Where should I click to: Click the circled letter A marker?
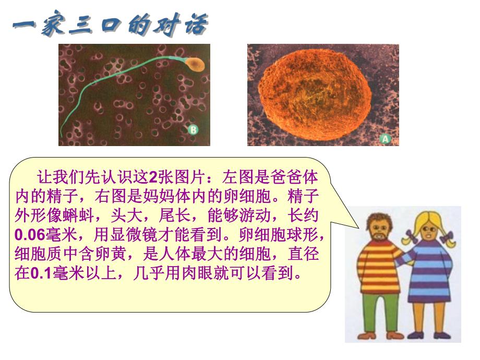[386, 139]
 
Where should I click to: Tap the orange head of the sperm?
[195, 64]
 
